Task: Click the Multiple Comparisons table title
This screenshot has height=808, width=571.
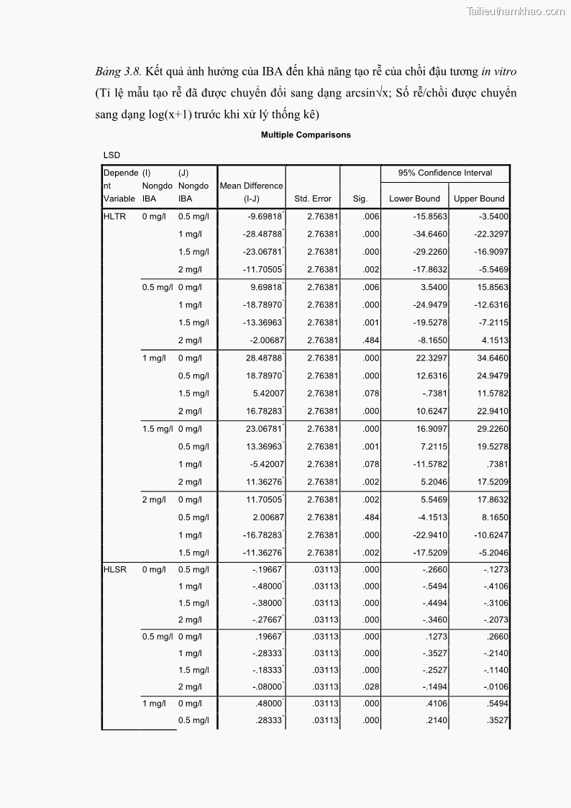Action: click(306, 135)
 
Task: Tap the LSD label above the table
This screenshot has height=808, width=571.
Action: click(111, 155)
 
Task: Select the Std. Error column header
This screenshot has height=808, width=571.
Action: click(313, 199)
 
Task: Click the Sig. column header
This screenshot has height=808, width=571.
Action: click(360, 199)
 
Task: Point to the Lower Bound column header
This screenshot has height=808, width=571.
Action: click(414, 199)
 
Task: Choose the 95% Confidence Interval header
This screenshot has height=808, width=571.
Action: click(446, 173)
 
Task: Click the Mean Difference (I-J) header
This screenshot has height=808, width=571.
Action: click(252, 192)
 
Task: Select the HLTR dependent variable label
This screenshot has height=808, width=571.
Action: click(115, 217)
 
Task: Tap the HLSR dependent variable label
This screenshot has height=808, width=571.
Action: click(115, 570)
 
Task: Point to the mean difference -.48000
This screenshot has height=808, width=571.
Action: click(266, 586)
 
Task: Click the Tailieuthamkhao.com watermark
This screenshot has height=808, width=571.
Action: click(516, 11)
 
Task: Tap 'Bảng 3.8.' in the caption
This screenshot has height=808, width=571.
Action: click(119, 72)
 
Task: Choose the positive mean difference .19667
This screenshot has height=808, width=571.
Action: click(268, 636)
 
